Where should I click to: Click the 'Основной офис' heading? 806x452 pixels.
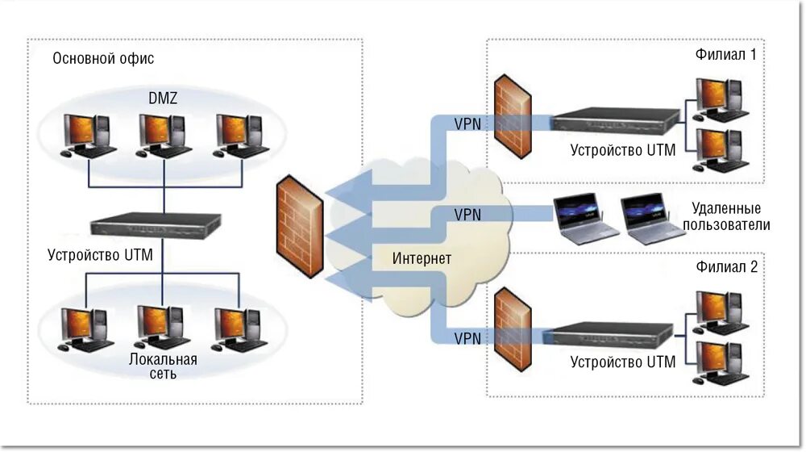(103, 58)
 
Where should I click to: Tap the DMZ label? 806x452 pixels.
(163, 98)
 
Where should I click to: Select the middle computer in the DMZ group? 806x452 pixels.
(163, 136)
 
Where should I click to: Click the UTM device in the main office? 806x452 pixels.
(156, 225)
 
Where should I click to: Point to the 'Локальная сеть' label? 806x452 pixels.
(163, 366)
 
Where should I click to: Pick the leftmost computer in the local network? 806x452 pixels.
(85, 329)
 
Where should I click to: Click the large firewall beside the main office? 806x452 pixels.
(300, 227)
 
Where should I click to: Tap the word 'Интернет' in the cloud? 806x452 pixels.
(422, 258)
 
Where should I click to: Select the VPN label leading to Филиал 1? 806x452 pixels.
(467, 124)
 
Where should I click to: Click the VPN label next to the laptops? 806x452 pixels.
(467, 215)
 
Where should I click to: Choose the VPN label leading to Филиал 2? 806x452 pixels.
(467, 339)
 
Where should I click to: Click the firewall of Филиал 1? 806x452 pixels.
(513, 116)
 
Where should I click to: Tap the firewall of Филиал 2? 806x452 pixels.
(513, 329)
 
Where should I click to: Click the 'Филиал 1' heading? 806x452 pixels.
(726, 55)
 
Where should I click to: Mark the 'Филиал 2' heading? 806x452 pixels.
(726, 266)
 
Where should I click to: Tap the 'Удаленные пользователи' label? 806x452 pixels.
(726, 217)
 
